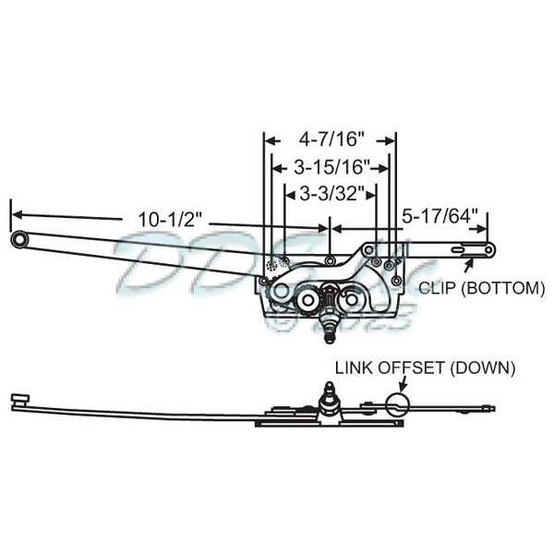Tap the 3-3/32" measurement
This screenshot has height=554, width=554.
click(331, 194)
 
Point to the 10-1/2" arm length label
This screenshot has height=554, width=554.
click(172, 219)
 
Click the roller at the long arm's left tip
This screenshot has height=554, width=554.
click(19, 239)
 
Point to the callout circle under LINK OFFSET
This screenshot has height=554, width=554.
click(396, 402)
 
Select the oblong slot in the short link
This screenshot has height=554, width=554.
click(461, 248)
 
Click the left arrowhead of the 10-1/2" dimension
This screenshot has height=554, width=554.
click(15, 212)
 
